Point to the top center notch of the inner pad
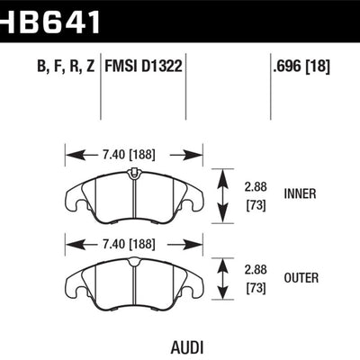pyautogui.click(x=133, y=171)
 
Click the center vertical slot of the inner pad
pyautogui.click(x=133, y=193)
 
